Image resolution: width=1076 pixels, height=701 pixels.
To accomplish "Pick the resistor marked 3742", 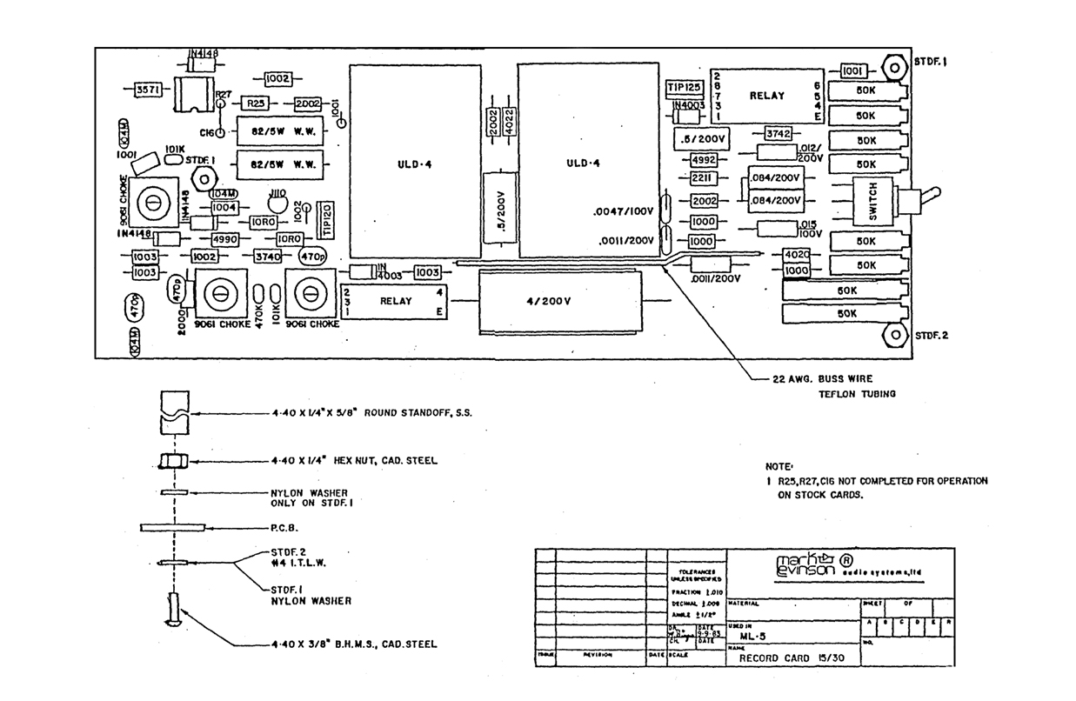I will point(776,133).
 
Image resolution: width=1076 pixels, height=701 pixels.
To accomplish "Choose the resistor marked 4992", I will point(703,160).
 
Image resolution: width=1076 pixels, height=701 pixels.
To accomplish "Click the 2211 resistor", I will point(703,179).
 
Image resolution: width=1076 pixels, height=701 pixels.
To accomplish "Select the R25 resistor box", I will point(256,103).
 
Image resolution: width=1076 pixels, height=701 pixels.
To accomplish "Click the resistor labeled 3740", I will point(266,257).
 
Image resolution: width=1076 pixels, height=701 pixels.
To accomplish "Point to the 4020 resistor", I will point(797,254).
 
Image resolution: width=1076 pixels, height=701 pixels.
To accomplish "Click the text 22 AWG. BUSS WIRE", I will point(822,378).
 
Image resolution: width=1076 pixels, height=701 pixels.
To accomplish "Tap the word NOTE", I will point(779,466).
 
